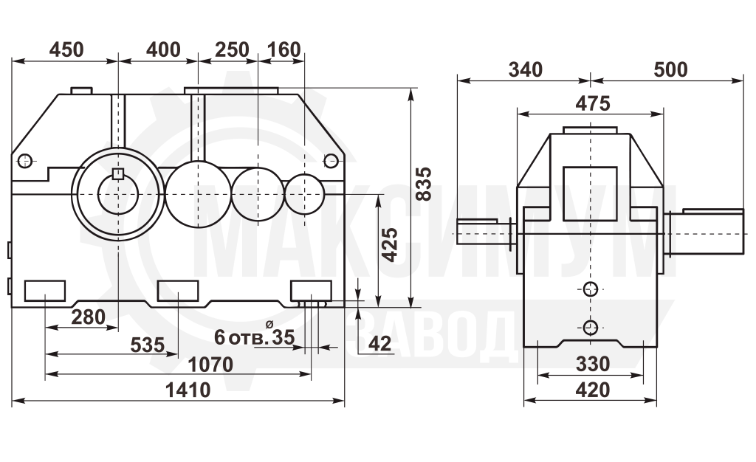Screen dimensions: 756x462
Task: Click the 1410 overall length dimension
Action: pyautogui.click(x=188, y=390)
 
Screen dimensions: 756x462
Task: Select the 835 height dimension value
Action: pyautogui.click(x=424, y=184)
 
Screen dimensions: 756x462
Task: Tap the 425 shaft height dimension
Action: pyautogui.click(x=390, y=244)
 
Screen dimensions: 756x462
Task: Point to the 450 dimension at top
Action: pyautogui.click(x=66, y=49)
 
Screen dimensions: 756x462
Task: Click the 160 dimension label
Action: pyautogui.click(x=283, y=49)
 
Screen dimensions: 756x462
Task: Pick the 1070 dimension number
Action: pyautogui.click(x=210, y=365)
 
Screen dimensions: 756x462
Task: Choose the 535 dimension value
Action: pyautogui.click(x=148, y=345)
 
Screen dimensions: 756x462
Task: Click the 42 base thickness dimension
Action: pyautogui.click(x=380, y=343)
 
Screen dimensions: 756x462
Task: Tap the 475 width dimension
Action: pyautogui.click(x=593, y=103)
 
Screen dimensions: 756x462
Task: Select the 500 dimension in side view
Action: pyautogui.click(x=670, y=70)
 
